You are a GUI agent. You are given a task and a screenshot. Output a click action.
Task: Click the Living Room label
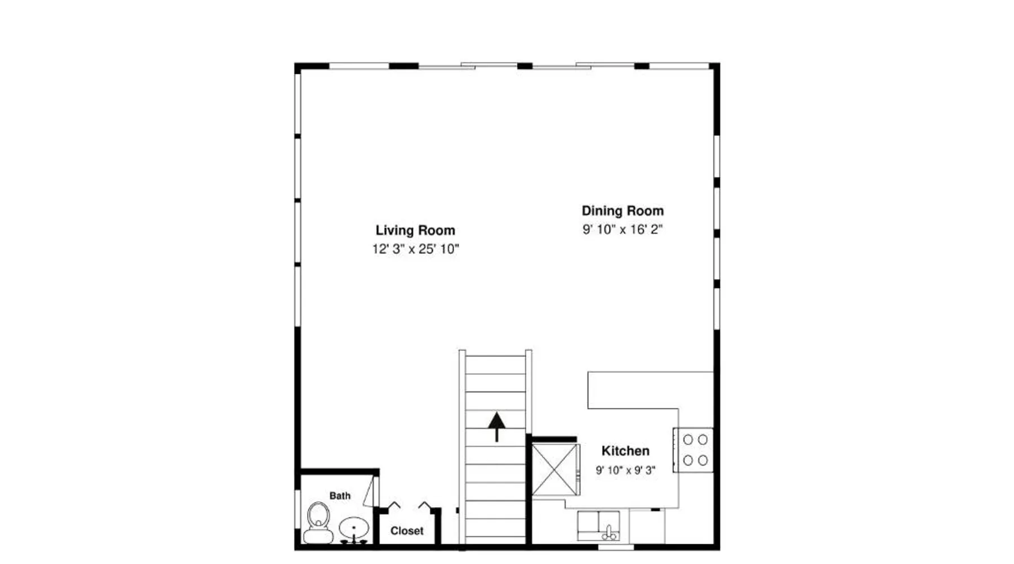[x=415, y=230]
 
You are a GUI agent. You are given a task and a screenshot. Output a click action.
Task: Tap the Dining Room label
[x=622, y=211]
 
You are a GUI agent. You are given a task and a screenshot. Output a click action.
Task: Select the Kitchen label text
[x=625, y=451]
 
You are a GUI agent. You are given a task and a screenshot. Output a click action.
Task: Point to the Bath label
[x=340, y=496]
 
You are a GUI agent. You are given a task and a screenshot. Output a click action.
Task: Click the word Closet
[x=407, y=531]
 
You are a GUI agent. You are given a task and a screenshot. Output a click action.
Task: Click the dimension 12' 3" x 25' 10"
[x=415, y=249]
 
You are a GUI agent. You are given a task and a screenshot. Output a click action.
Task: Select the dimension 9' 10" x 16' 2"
[x=622, y=230]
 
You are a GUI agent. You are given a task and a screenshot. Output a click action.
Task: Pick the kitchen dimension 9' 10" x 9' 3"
[x=625, y=470]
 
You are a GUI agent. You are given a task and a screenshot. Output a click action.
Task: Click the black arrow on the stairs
[x=496, y=427]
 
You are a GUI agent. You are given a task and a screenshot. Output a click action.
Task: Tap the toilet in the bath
[x=318, y=522]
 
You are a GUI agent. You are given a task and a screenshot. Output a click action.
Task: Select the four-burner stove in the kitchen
[x=693, y=450]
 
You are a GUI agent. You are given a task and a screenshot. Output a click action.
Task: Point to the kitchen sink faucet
[x=608, y=531]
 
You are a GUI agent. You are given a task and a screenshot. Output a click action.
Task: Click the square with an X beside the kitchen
[x=555, y=470]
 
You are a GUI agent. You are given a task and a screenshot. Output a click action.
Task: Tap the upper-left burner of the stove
[x=688, y=439]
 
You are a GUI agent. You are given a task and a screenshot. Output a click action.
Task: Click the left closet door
[x=394, y=505]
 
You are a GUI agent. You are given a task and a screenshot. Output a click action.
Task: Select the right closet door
[x=425, y=505]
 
